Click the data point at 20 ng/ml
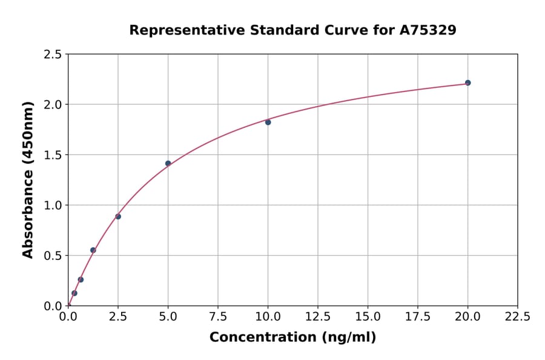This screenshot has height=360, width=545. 467,82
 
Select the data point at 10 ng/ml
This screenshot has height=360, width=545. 268,122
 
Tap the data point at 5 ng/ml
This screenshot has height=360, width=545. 168,163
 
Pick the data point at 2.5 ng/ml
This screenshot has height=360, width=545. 118,216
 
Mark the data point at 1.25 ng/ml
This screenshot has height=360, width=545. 93,250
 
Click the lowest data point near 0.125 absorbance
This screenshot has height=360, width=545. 74,293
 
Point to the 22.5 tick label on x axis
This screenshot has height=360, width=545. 517,316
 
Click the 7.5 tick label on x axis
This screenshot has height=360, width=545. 218,316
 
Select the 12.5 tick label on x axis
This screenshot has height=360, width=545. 318,316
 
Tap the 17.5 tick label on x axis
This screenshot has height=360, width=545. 418,316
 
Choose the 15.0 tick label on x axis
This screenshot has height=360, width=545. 368,316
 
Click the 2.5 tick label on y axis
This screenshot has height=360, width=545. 53,55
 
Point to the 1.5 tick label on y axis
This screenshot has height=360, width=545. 53,155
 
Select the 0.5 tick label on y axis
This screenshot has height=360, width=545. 53,256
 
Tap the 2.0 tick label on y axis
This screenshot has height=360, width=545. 53,105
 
